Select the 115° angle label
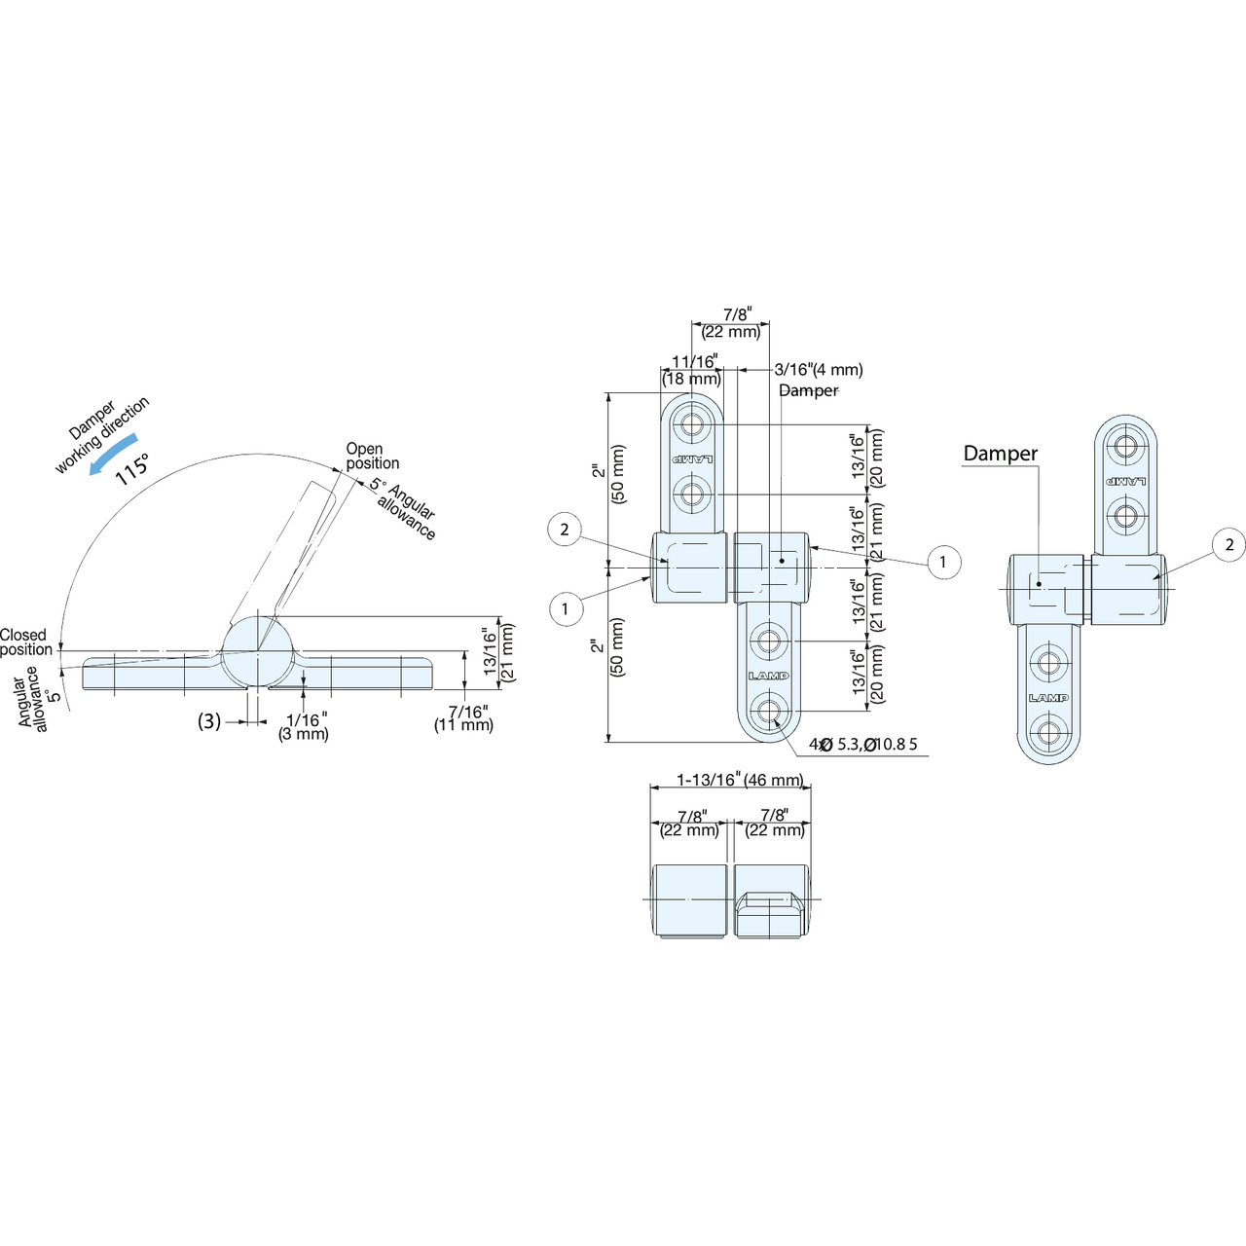tap(132, 468)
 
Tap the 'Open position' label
tap(373, 456)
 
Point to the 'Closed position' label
tap(26, 642)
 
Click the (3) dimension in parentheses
tap(209, 721)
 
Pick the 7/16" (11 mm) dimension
tap(463, 718)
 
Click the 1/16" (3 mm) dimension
tap(304, 727)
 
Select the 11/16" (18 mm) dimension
tap(691, 370)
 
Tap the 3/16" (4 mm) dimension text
tap(819, 369)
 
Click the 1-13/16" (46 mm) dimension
tap(740, 780)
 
